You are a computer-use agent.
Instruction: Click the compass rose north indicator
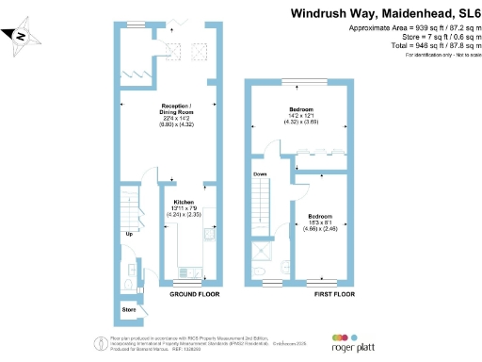coord(23,37)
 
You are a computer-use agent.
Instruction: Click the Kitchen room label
coord(182,202)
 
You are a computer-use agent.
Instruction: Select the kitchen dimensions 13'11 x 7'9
coord(182,209)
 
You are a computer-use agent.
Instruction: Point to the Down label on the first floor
coord(261,174)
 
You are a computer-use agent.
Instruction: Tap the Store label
coord(129,308)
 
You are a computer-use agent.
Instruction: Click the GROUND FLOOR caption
coord(194,294)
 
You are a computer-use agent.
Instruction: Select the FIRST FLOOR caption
coord(334,294)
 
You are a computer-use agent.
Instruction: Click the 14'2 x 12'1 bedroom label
coord(301,116)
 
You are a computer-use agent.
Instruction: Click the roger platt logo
coord(354,343)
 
